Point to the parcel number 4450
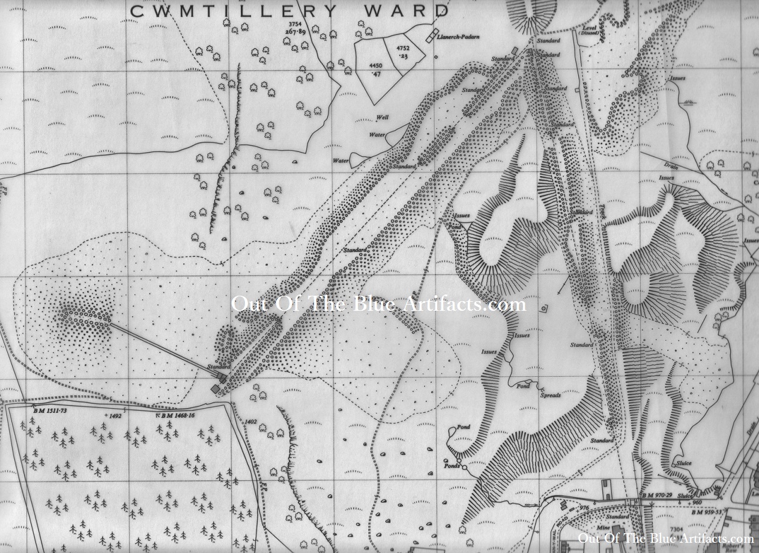click(x=376, y=65)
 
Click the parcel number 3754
click(x=296, y=24)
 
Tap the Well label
click(x=382, y=118)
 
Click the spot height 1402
click(x=251, y=422)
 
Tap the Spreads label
click(x=550, y=396)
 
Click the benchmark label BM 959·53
click(x=706, y=512)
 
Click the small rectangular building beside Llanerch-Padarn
click(x=431, y=35)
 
